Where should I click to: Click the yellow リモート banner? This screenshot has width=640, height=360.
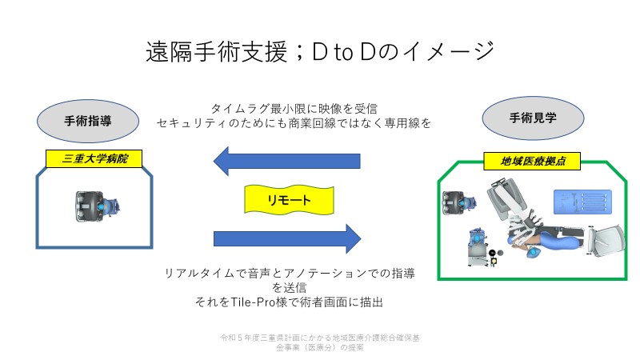(x=289, y=199)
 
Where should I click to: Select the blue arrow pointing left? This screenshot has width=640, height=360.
(x=286, y=162)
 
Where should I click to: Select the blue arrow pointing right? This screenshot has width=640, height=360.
(x=287, y=238)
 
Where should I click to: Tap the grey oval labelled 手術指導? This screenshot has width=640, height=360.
(x=88, y=121)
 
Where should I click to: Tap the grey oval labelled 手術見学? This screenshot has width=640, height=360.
(x=533, y=118)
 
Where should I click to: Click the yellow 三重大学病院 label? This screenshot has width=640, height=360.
(x=94, y=158)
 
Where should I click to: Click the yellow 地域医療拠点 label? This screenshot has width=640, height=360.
(x=532, y=162)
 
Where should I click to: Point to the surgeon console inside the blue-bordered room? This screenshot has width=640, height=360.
(x=97, y=206)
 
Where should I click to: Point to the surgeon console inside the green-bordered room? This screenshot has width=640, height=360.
(x=458, y=203)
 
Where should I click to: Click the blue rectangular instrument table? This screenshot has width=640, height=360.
(x=582, y=202)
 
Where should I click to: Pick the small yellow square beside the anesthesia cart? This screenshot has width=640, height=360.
(x=494, y=261)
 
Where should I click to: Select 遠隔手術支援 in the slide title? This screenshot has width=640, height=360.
(x=217, y=52)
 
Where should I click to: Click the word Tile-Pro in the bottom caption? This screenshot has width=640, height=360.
(x=253, y=302)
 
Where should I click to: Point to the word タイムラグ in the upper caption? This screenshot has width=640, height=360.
(x=240, y=109)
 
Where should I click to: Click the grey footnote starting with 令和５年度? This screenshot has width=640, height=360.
(x=320, y=342)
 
